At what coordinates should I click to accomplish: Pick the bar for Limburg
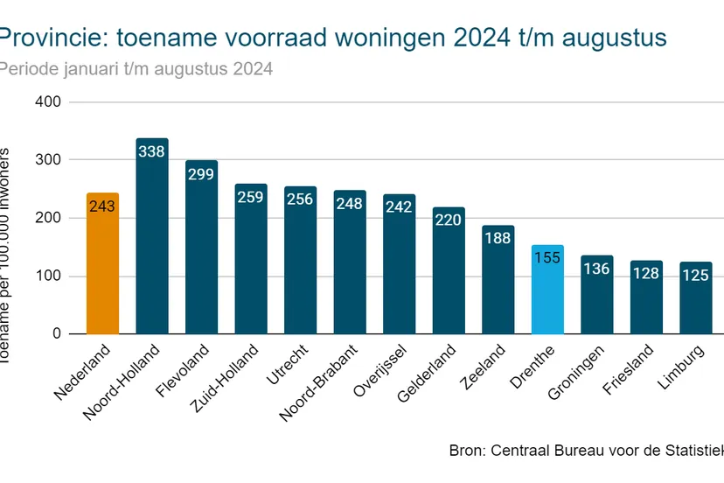coord(696,306)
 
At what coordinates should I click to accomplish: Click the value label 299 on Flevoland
coord(201,174)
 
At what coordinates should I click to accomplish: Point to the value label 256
coord(300,199)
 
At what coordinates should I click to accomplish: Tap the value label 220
coord(449,220)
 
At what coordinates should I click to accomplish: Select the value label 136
coord(596,269)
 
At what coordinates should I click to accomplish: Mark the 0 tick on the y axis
coord(56,333)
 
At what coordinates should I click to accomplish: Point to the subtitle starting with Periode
coord(136,68)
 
